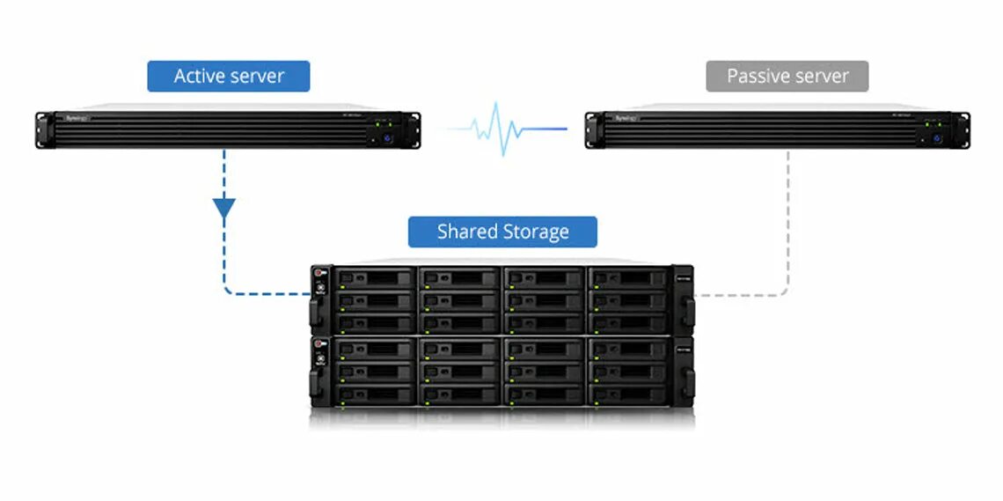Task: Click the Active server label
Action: (x=229, y=77)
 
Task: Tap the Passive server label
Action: (x=787, y=77)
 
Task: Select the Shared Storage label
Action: (x=502, y=232)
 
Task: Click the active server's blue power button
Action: (x=384, y=138)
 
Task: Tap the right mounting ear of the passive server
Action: (x=963, y=129)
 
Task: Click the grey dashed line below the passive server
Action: (x=787, y=220)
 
